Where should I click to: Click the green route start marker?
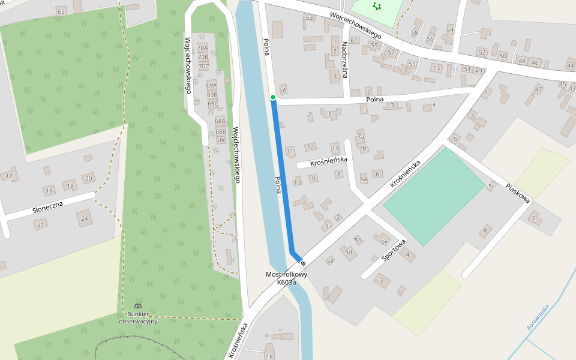click(273, 97)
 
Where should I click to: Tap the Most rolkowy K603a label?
click(286, 278)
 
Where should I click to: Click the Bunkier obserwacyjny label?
click(138, 318)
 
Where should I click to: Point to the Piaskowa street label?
click(517, 193)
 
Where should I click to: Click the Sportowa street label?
click(394, 250)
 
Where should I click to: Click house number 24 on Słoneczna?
click(85, 218)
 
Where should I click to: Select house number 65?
click(61, 11)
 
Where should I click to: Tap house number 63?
click(310, 18)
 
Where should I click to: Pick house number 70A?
click(203, 48)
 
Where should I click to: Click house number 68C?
click(221, 140)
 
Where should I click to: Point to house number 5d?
click(348, 252)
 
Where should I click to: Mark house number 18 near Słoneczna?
click(70, 186)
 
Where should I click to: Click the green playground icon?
click(377, 7)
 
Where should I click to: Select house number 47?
click(538, 90)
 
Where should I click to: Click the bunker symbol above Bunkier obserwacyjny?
click(139, 307)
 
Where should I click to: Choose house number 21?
click(40, 225)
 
